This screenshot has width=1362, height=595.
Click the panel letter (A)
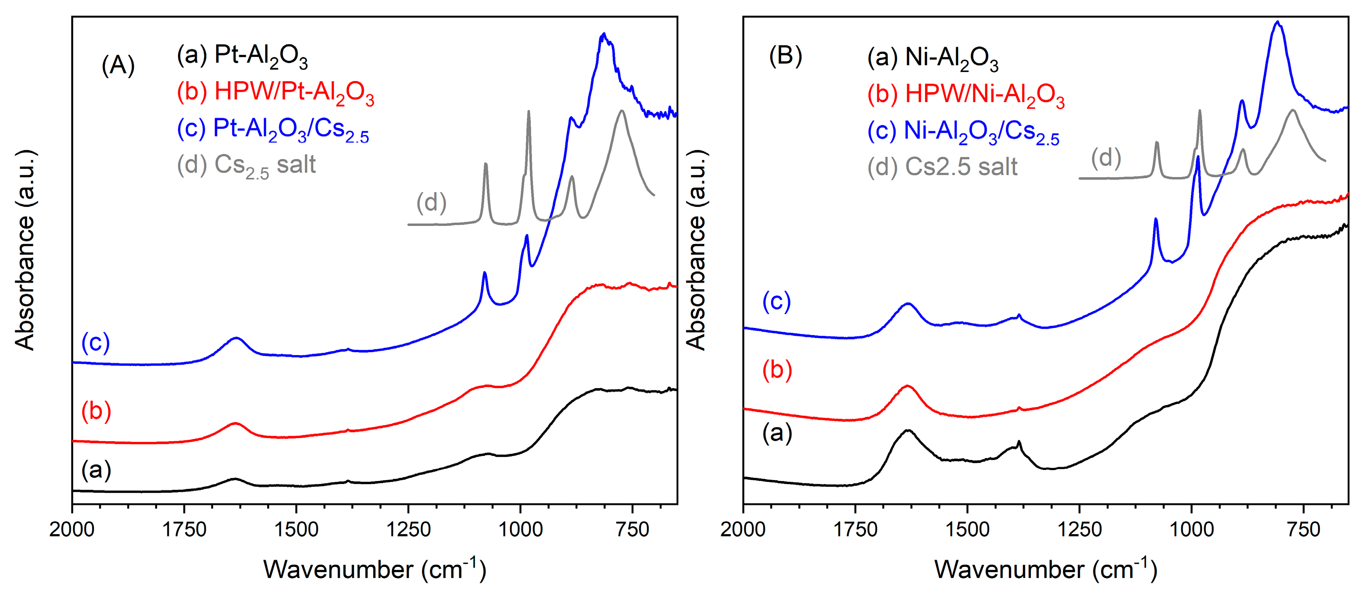pos(118,65)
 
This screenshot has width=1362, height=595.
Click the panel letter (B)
pos(785,57)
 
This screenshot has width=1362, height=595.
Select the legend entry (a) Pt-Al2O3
pos(242,56)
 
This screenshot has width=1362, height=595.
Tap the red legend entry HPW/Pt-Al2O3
pos(275,93)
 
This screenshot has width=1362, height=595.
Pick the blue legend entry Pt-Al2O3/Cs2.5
pos(273,129)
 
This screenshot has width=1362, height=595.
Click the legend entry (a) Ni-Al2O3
pos(933,58)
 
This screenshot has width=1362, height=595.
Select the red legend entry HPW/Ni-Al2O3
pos(965,95)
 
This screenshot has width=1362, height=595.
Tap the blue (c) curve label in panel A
pos(96,342)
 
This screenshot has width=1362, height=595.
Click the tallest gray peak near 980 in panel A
pos(528,112)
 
